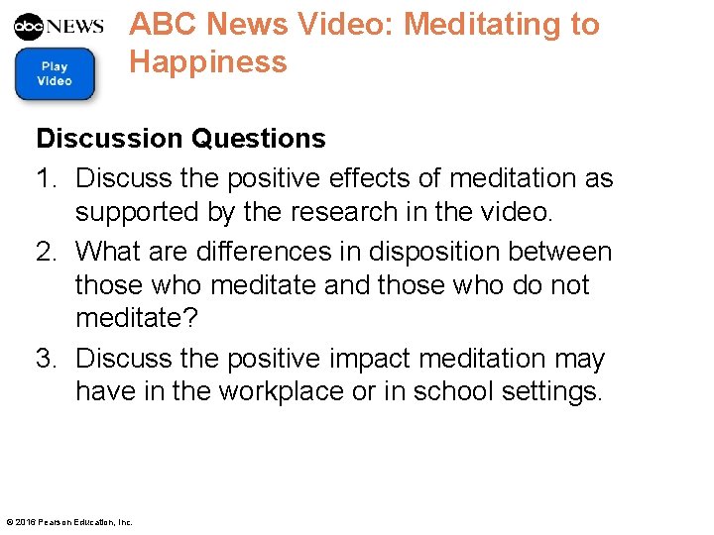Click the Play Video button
56,73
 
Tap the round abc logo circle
30,26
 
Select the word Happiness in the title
208,61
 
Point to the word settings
550,392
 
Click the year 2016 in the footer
25,522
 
